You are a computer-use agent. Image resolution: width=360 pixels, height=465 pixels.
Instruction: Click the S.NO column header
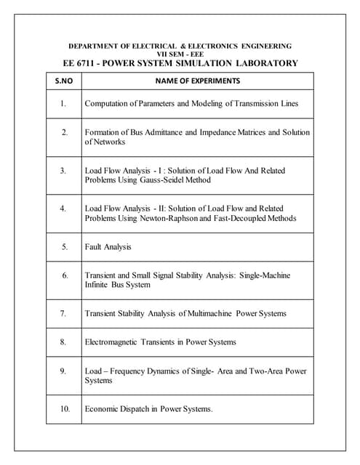point(63,81)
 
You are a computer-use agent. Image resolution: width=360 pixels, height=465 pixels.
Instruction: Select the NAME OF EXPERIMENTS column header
point(198,81)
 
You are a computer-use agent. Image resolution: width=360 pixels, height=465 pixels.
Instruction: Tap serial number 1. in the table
point(64,104)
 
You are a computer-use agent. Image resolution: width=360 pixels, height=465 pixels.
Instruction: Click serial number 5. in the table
point(64,247)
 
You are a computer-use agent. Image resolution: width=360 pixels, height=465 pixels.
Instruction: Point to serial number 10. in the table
point(64,409)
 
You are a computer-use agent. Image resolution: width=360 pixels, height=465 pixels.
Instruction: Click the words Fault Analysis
point(108,247)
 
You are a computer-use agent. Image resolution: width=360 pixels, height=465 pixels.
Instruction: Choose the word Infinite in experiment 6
point(97,285)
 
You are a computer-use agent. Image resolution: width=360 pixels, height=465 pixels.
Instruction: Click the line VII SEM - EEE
point(180,54)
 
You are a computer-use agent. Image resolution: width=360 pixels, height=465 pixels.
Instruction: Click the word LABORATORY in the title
point(264,63)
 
